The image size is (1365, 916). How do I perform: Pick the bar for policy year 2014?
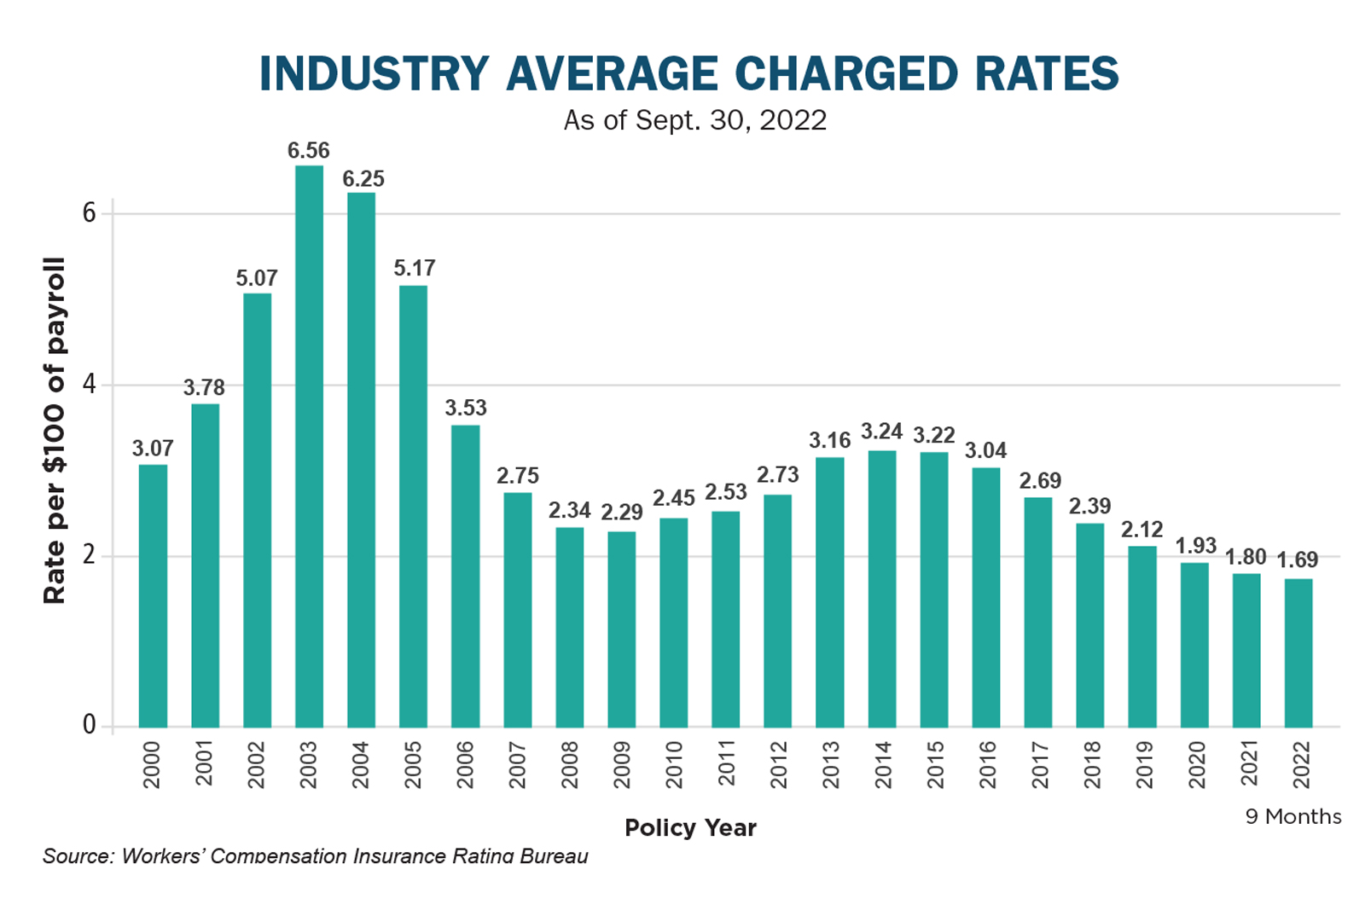(882, 588)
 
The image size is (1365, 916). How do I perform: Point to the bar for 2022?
(1298, 652)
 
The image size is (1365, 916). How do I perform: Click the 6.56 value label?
(308, 151)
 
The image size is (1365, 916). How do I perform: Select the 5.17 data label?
(415, 269)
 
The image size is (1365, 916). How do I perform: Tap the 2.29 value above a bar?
(621, 513)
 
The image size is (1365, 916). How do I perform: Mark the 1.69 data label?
(1297, 560)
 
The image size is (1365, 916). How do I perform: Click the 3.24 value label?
(881, 432)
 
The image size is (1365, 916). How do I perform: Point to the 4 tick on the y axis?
(89, 385)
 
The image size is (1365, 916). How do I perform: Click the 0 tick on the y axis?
(89, 725)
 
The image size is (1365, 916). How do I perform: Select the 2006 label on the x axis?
(465, 764)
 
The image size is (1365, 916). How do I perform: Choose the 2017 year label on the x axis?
(1039, 764)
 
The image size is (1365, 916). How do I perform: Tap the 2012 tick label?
(778, 764)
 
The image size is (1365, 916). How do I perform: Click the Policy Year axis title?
(690, 828)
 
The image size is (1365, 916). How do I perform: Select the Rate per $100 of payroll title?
(55, 431)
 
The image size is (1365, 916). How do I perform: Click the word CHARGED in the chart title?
(846, 74)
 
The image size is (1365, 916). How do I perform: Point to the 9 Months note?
(1293, 817)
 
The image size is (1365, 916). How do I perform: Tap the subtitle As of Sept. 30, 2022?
(694, 120)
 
